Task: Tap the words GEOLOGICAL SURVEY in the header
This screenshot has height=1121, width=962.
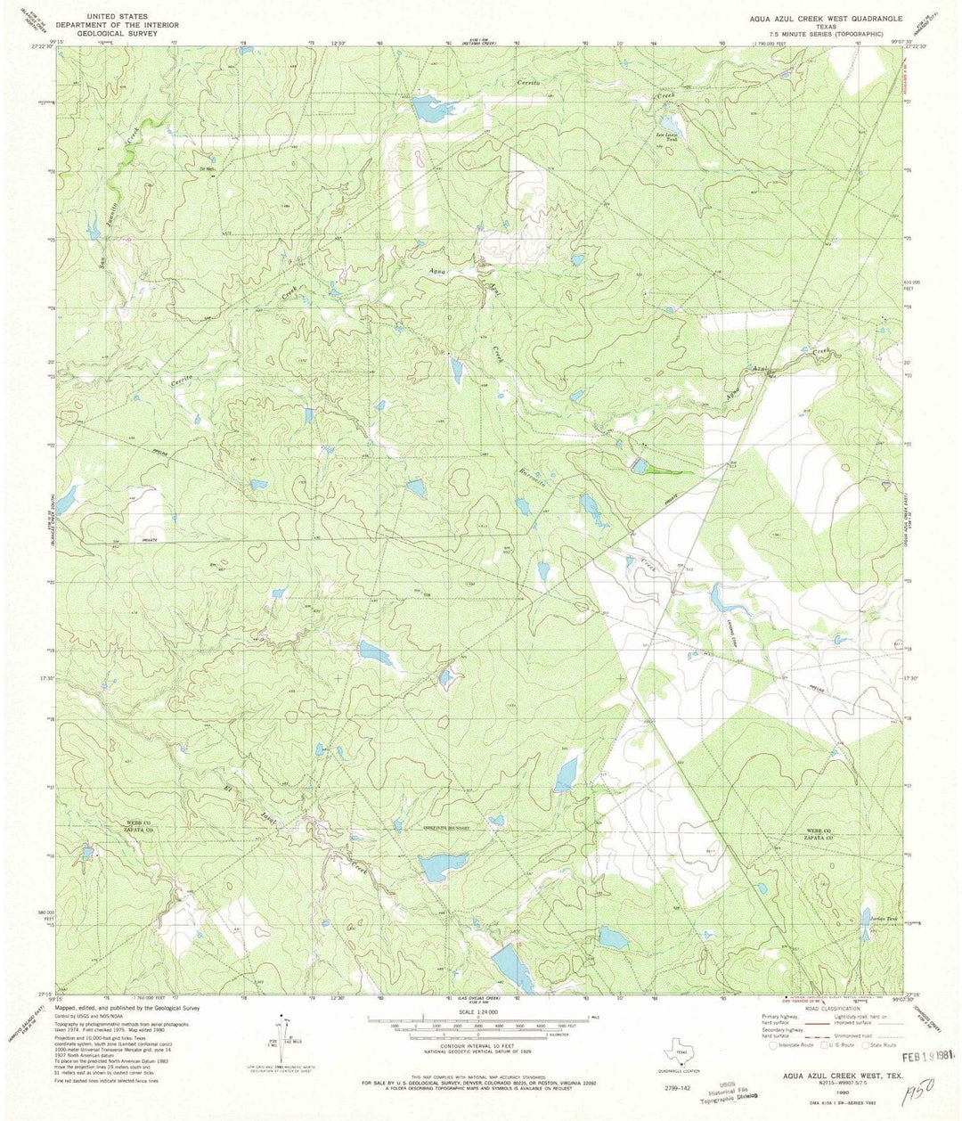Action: tap(118, 33)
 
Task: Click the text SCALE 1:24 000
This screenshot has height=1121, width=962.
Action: tap(480, 1012)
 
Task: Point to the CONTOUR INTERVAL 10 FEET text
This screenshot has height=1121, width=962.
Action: tap(480, 1046)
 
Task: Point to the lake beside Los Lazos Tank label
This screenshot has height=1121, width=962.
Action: tap(668, 121)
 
